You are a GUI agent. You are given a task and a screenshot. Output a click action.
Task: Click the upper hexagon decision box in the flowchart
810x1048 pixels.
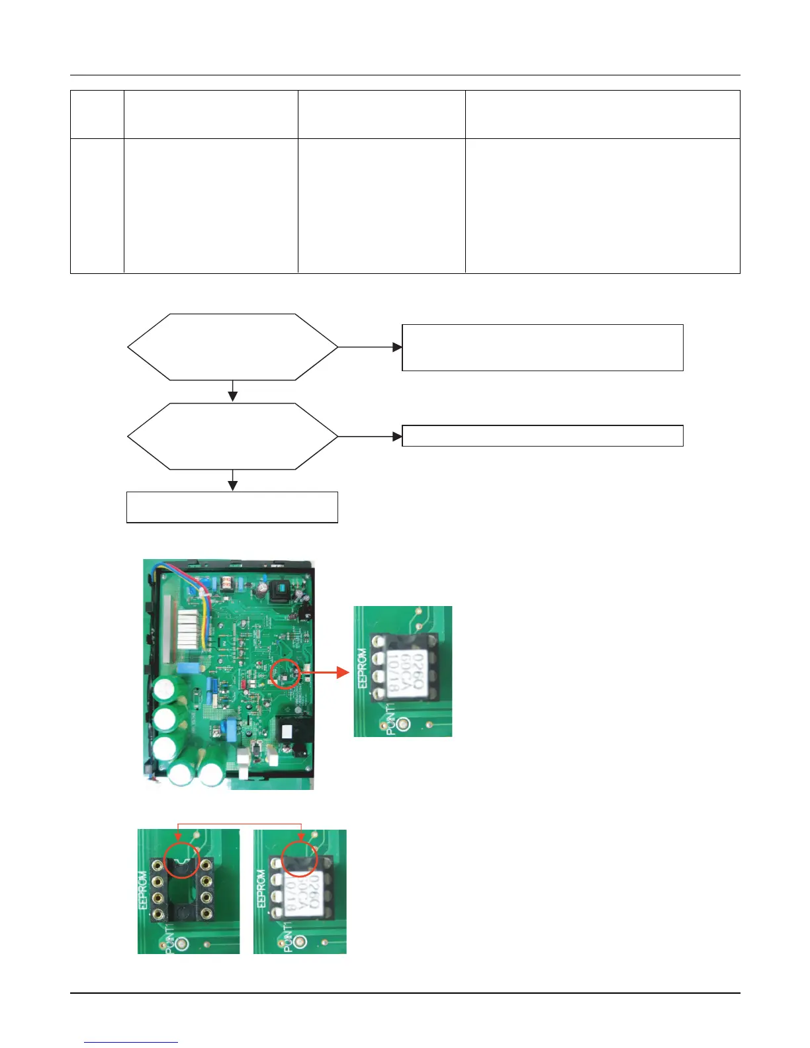pos(232,347)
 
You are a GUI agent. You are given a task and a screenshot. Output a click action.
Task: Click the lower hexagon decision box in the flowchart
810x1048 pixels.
pos(232,436)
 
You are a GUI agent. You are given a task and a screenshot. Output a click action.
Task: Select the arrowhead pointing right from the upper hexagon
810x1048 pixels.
pos(398,347)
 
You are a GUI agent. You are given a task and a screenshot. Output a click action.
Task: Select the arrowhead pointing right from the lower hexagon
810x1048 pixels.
pos(398,437)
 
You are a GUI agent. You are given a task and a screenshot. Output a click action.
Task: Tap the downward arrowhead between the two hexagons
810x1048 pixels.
pos(232,396)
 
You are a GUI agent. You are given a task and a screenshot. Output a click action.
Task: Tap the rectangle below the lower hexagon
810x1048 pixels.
pos(232,507)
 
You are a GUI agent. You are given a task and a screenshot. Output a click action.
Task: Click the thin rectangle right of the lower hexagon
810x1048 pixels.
pos(543,436)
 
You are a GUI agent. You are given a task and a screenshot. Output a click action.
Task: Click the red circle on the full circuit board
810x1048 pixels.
pos(286,674)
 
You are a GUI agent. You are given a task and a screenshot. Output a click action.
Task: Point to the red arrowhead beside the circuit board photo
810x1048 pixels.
pos(342,673)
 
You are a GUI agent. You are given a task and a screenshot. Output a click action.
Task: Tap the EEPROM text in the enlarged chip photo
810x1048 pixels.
pos(361,668)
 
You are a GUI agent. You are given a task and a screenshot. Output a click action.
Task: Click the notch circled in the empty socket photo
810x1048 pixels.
pos(180,859)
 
